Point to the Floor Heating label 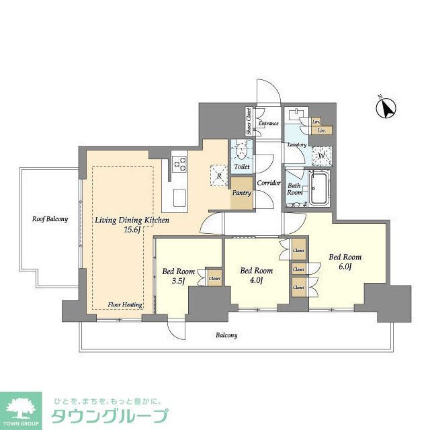125,304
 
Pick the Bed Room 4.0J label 256,275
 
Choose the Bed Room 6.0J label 344,262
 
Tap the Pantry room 241,193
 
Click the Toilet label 241,166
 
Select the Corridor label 269,182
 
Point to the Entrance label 269,123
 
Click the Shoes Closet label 249,122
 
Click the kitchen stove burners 180,163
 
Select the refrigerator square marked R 220,176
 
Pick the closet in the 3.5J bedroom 214,277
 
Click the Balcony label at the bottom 226,335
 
